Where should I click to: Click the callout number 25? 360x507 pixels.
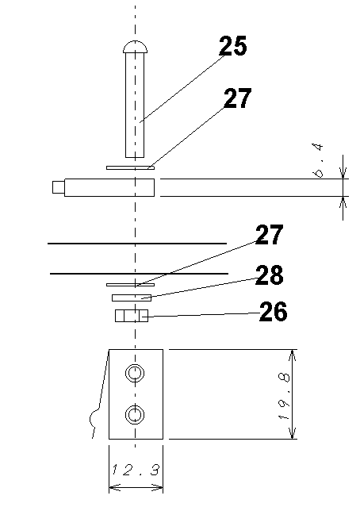[232, 45]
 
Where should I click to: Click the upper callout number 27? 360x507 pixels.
[237, 98]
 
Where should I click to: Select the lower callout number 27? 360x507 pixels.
[269, 234]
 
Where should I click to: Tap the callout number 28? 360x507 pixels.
[269, 275]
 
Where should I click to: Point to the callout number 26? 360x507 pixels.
[273, 311]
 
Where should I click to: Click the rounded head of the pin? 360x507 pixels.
[135, 47]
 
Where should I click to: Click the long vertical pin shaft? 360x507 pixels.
[135, 105]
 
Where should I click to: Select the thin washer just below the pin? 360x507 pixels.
[131, 167]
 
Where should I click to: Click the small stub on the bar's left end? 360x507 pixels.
[59, 187]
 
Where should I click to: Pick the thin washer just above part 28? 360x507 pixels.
[131, 285]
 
